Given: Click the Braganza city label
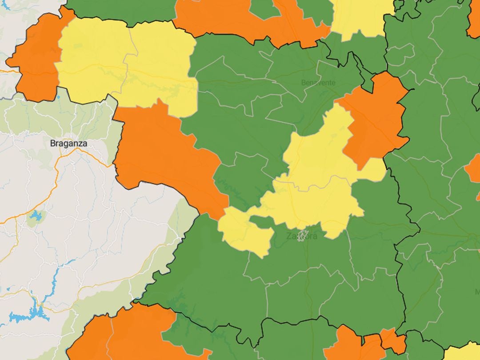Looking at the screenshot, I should pyautogui.click(x=68, y=144).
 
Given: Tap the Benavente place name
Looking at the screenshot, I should pyautogui.click(x=318, y=83).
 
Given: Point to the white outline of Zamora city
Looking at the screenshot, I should pyautogui.click(x=302, y=235).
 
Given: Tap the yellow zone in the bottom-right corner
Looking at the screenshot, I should pyautogui.click(x=464, y=352).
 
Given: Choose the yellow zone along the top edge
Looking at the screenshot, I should pyautogui.click(x=360, y=18).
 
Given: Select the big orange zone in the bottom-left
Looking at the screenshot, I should pyautogui.click(x=124, y=333).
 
